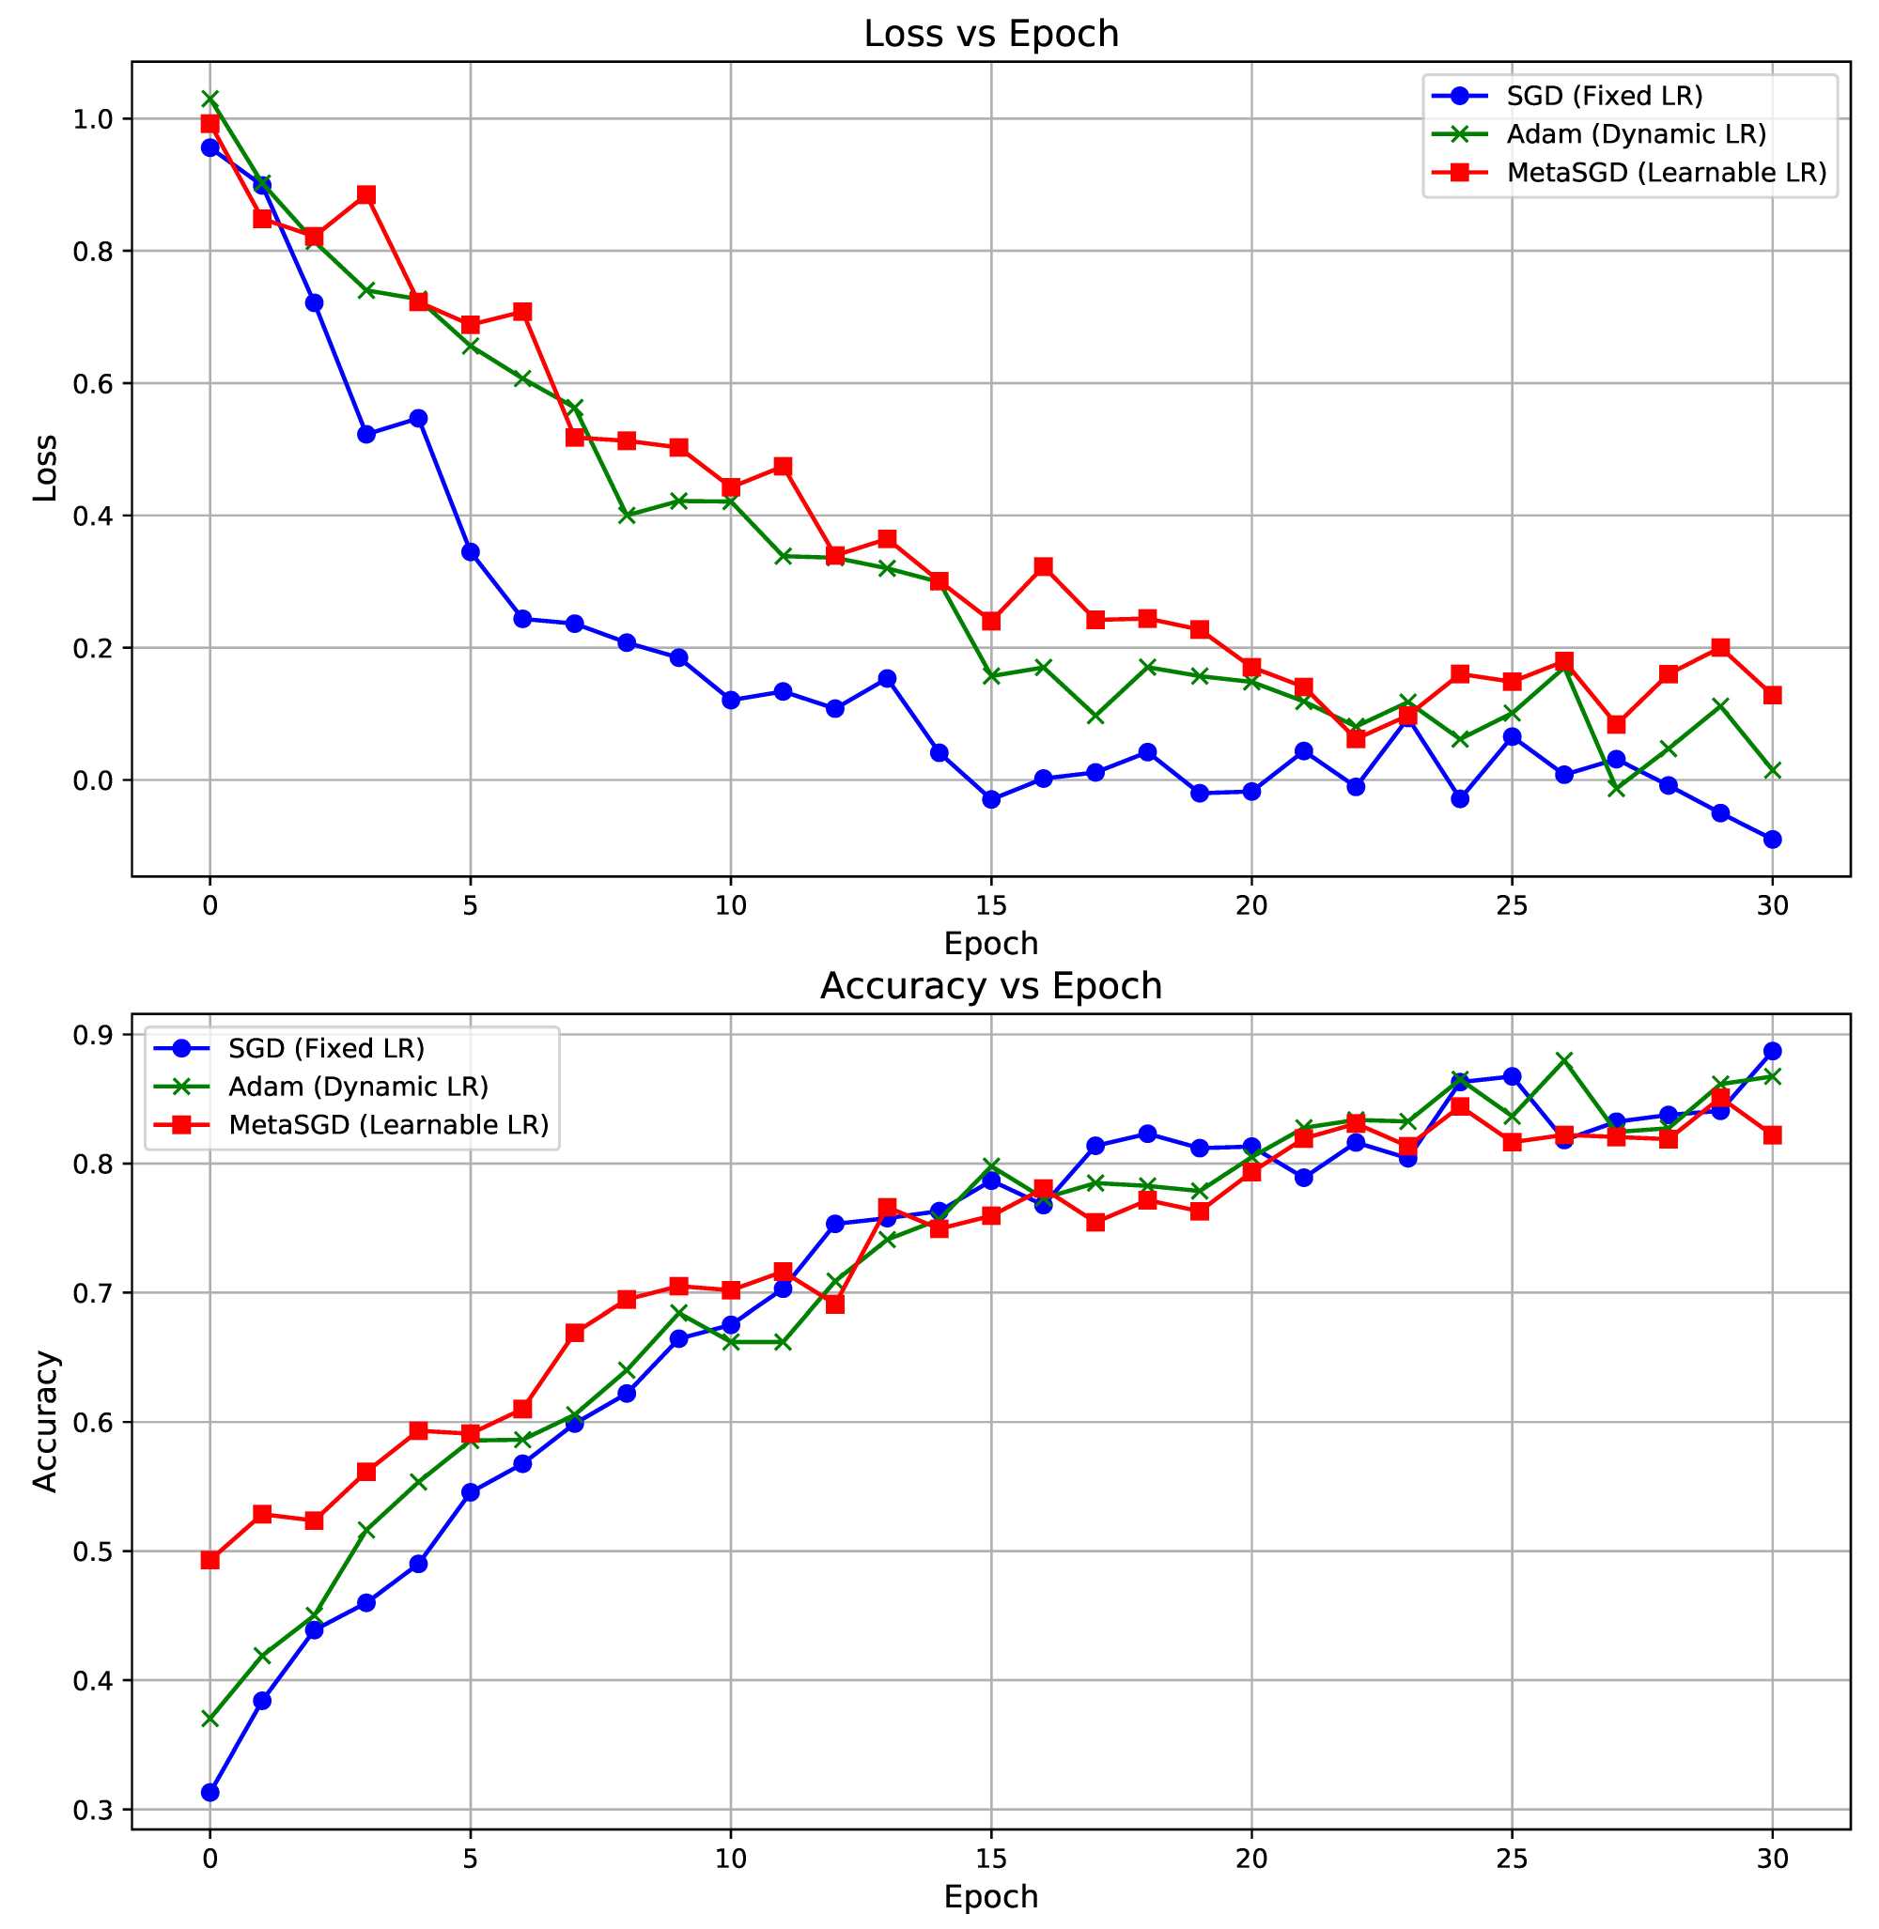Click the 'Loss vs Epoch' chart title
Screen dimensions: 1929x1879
click(991, 35)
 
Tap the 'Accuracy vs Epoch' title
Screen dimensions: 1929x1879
click(991, 986)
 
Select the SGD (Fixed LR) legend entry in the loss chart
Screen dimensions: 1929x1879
click(1604, 96)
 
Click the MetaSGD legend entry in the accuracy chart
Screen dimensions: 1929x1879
click(388, 1125)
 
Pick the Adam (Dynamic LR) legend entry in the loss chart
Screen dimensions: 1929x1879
click(1636, 134)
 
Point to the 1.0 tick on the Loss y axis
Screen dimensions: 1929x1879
click(95, 119)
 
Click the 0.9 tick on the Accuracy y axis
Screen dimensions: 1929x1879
click(95, 1034)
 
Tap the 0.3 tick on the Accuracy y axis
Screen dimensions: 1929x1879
click(95, 1810)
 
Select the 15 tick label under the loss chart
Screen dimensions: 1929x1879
click(991, 904)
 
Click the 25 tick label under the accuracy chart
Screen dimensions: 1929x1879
click(1512, 1859)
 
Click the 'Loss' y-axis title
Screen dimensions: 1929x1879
click(45, 468)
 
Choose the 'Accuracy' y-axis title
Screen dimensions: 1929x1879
click(45, 1421)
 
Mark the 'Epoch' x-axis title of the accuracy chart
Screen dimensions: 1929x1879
click(991, 1897)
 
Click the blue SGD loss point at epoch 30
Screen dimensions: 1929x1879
click(1773, 840)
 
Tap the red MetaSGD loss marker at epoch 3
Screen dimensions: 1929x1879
click(366, 194)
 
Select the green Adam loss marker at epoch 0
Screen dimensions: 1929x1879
click(210, 99)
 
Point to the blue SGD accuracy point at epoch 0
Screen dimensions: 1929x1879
click(210, 1792)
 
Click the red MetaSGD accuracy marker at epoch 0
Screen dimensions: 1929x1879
click(210, 1560)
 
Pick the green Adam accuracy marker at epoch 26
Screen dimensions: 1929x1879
click(1564, 1059)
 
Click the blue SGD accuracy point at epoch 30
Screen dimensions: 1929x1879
click(1773, 1051)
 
